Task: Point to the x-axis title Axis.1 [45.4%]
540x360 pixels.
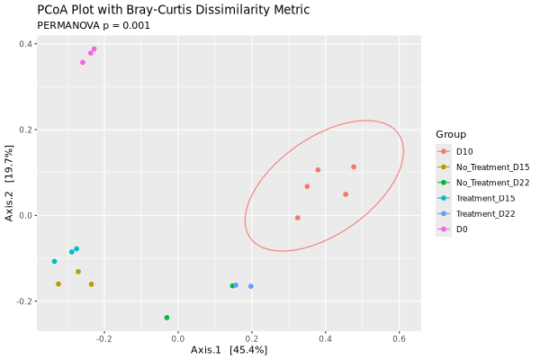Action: point(229,349)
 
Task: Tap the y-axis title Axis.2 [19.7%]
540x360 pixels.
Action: point(9,184)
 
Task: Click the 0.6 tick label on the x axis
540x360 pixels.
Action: point(399,338)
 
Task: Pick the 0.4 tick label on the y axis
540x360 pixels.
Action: point(27,44)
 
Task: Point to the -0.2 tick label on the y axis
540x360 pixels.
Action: point(24,301)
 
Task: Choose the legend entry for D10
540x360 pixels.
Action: point(465,151)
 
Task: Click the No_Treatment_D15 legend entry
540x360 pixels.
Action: point(492,166)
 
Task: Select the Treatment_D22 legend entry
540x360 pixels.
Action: point(485,213)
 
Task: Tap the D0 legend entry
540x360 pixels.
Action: point(462,229)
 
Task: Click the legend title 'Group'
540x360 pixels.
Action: point(451,134)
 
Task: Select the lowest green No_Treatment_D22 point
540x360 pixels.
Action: point(166,318)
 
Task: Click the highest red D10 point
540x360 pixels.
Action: point(354,166)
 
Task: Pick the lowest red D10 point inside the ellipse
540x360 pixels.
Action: point(298,218)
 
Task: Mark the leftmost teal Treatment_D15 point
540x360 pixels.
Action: point(54,262)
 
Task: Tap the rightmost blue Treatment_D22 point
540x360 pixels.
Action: point(251,286)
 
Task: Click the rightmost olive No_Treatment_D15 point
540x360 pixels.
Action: point(91,284)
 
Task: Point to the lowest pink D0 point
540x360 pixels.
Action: point(83,62)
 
